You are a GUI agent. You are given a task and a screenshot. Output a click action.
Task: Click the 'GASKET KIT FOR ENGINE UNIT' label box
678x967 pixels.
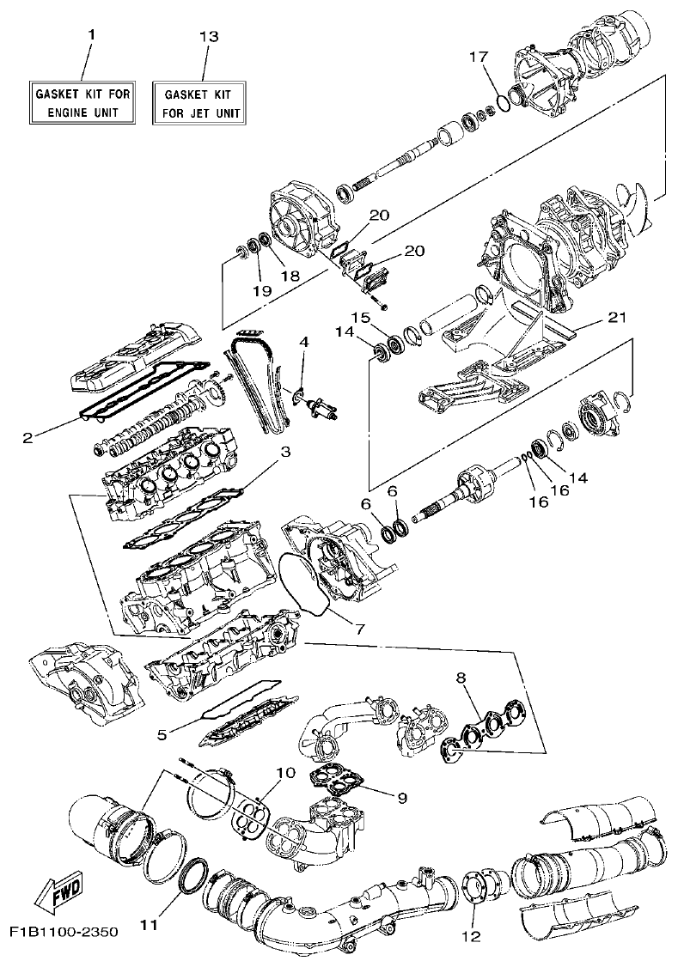(82, 102)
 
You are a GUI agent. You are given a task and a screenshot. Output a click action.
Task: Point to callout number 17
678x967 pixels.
(479, 57)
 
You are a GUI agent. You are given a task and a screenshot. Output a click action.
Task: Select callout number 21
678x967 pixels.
(616, 317)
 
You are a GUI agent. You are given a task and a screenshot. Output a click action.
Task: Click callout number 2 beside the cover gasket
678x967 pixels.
(27, 437)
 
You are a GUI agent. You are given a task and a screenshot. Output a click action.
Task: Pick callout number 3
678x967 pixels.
(285, 451)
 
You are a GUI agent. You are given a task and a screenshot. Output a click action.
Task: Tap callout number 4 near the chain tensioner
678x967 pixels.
(303, 342)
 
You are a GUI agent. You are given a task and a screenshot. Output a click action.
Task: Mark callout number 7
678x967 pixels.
(360, 629)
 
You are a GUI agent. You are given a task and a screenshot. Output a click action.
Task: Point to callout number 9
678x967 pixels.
(402, 796)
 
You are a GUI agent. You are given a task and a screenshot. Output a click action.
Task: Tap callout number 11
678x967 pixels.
(149, 925)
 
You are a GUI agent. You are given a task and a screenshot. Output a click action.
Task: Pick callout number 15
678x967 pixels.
(363, 317)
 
